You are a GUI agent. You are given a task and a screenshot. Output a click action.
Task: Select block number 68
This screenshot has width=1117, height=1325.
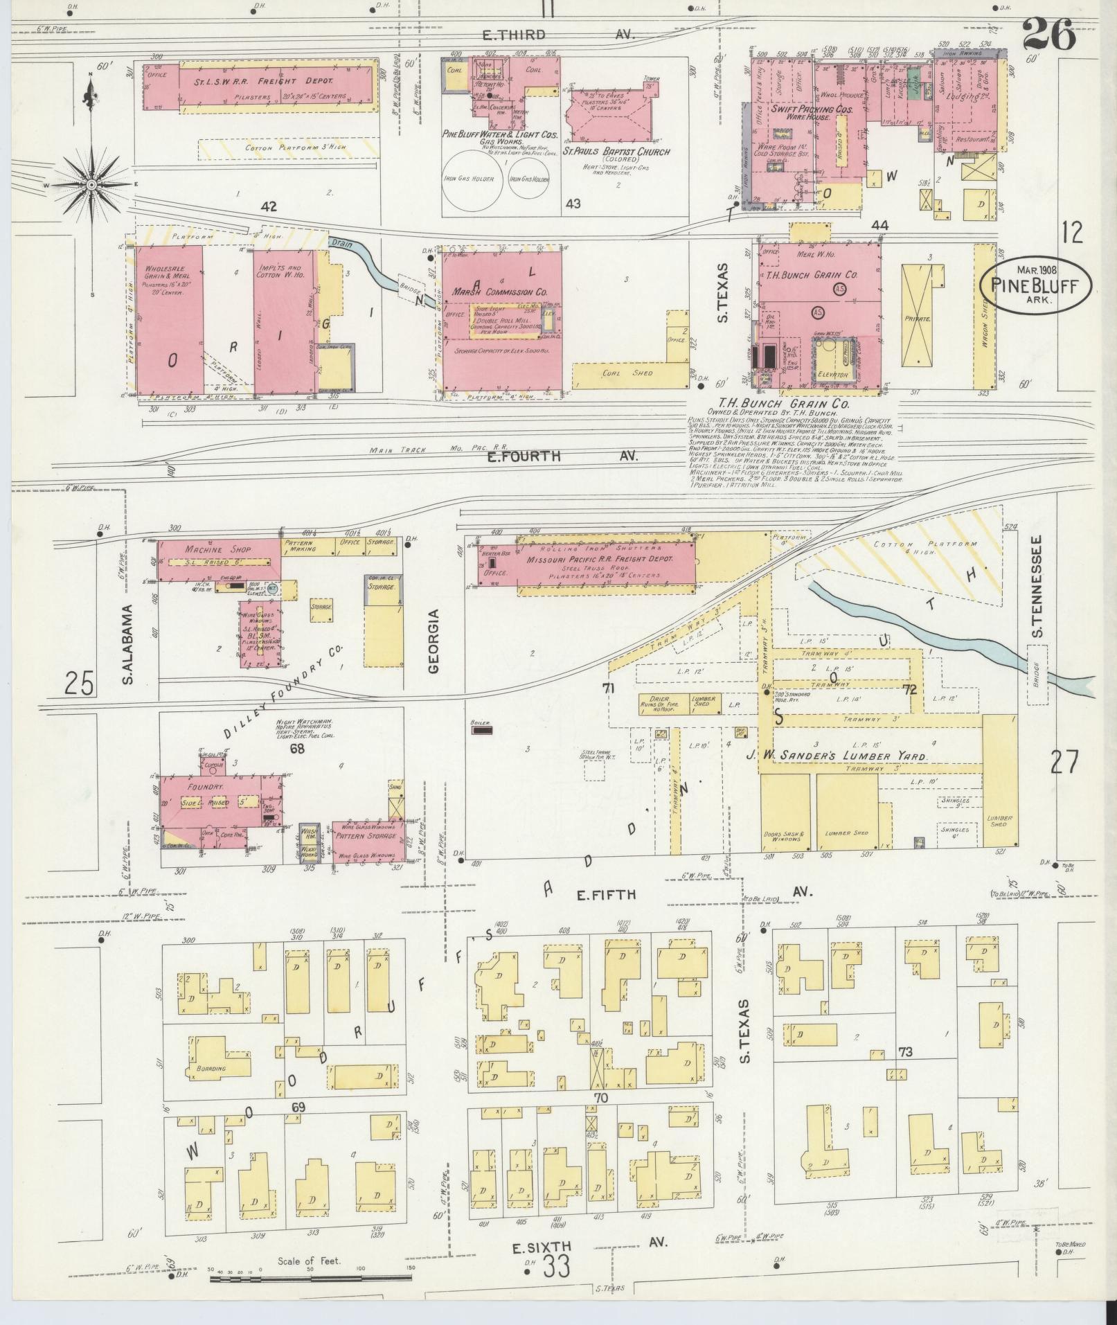point(297,749)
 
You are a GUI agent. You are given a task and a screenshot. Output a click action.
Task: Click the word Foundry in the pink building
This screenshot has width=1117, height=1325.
point(208,788)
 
